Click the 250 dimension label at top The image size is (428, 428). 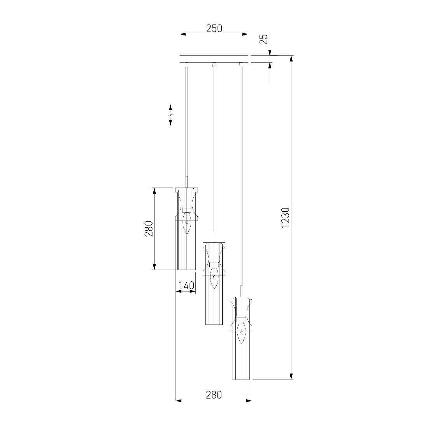click(214, 28)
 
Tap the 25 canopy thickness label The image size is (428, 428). click(263, 40)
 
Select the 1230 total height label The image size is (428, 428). click(285, 218)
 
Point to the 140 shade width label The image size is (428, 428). click(186, 286)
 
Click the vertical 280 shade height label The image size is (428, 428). click(149, 228)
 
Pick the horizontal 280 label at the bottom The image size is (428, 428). click(214, 395)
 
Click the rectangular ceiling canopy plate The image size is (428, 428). click(214, 59)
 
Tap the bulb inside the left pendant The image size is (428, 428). click(186, 223)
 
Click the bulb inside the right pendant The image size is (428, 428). click(241, 333)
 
